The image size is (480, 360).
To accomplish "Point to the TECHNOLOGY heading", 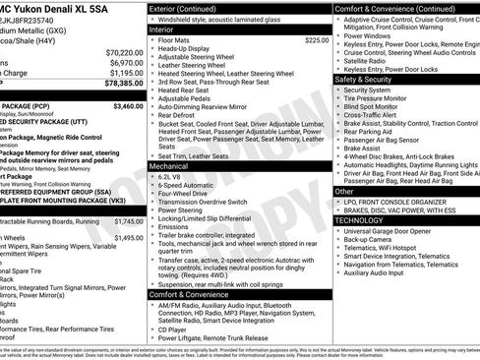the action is pos(359,220).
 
